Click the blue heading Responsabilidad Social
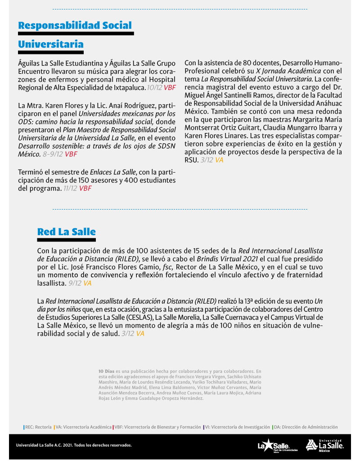tap(75, 25)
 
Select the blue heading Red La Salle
tap(66, 232)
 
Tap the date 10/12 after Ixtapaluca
tap(154, 87)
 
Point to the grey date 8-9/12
tap(53, 154)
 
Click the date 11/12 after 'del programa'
tap(70, 188)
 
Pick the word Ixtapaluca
tap(128, 87)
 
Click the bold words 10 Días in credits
tap(106, 371)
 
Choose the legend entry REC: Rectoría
tap(38, 427)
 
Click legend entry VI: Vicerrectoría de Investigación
tap(237, 427)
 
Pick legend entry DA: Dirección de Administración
tap(305, 427)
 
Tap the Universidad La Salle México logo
tap(325, 445)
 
